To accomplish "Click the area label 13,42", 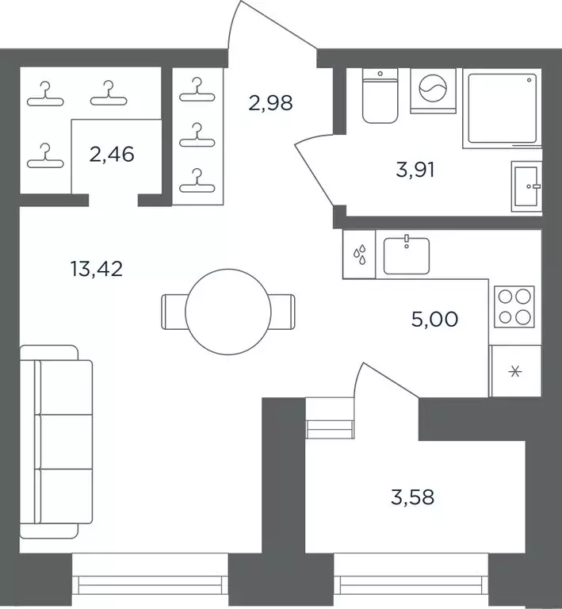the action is point(97,269).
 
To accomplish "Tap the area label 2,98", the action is point(270,103).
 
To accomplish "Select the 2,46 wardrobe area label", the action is point(112,154).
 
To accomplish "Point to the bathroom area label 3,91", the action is point(415,170).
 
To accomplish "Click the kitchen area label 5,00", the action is point(434,320).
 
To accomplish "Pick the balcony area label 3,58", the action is point(412,497).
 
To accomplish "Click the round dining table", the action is point(228,312).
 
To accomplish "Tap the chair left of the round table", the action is point(174,312).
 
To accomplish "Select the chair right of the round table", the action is point(282,312).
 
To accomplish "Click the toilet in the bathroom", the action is point(380,96).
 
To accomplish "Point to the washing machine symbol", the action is point(433,91).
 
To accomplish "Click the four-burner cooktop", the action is point(514,307).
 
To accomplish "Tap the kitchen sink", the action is point(407,255).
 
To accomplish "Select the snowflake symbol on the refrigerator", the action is point(515,372).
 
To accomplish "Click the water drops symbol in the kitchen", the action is point(359,255).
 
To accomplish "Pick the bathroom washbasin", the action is point(526,186).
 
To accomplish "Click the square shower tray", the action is point(503,109).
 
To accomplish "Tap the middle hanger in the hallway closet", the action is point(197,136).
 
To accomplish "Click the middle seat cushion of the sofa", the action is point(64,442).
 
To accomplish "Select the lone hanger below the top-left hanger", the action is point(45,155).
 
